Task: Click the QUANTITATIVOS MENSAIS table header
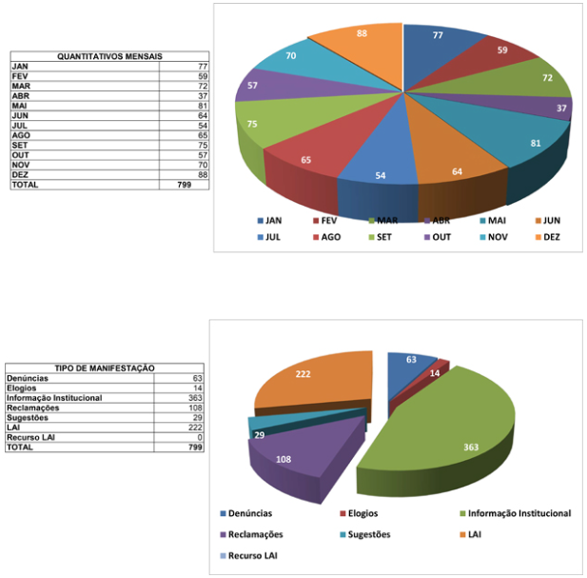tap(109, 56)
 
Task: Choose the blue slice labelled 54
tap(381, 176)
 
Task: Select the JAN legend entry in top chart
tap(275, 220)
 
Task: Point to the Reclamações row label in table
tap(33, 408)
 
